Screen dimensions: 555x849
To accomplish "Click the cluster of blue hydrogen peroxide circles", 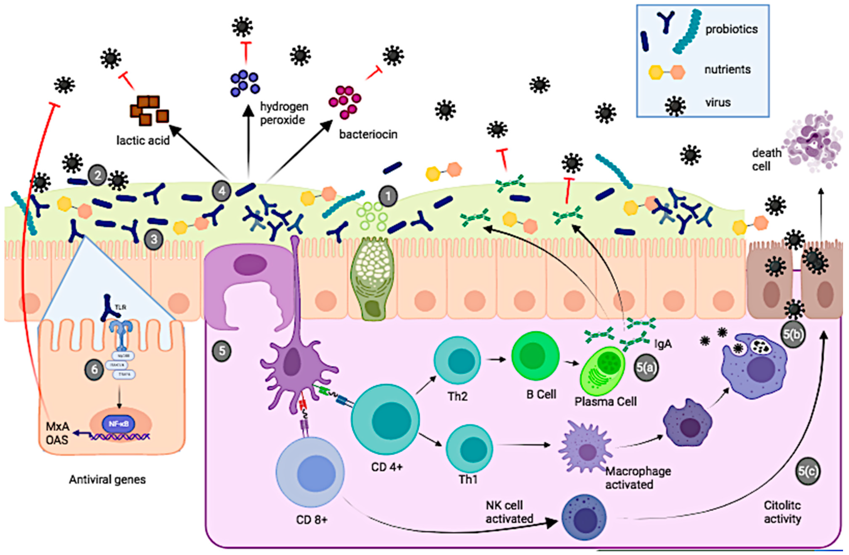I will (x=244, y=83).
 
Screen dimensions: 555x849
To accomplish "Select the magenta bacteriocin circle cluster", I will (x=344, y=102).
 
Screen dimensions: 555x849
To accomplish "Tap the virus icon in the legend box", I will (x=675, y=106).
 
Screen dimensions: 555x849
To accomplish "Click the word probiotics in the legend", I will (x=731, y=29).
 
